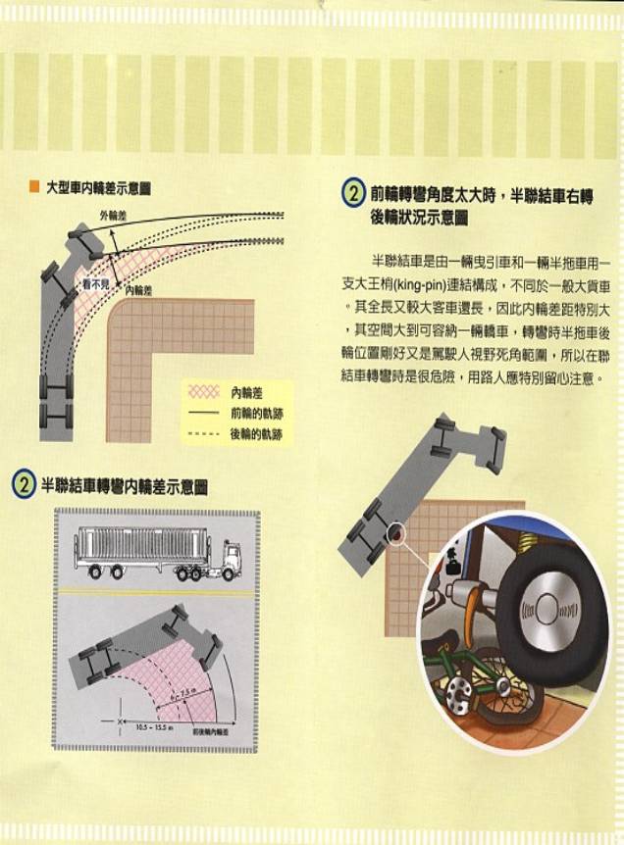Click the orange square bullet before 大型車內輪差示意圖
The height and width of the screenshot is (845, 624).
[x=33, y=186]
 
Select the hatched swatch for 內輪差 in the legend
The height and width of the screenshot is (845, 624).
[x=202, y=390]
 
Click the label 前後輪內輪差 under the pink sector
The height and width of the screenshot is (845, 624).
[x=210, y=732]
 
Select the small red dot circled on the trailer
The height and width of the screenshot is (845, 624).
[x=395, y=535]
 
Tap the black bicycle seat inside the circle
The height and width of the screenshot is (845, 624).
[x=451, y=565]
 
